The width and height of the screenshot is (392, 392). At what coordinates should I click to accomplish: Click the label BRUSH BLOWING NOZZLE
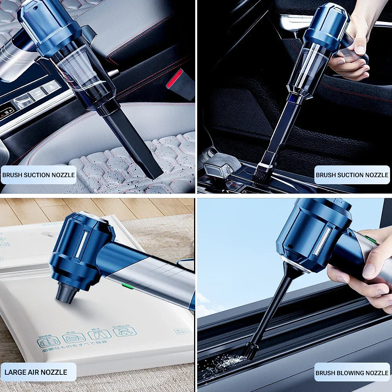352,373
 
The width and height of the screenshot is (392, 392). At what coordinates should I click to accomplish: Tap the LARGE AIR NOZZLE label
36,372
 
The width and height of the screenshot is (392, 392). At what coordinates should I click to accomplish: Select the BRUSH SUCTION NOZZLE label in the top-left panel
38,175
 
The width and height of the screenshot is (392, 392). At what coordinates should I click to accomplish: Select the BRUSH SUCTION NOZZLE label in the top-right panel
352,175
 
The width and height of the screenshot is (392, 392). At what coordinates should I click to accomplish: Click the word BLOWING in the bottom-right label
348,373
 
